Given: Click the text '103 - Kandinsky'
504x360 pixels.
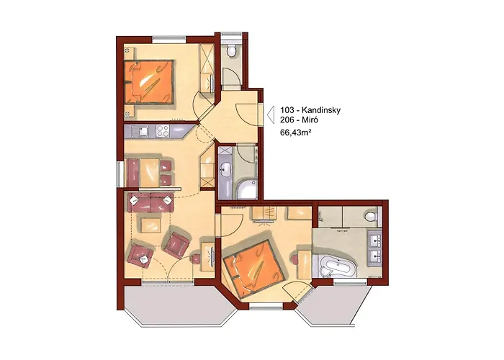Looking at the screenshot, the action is pyautogui.click(x=310, y=110).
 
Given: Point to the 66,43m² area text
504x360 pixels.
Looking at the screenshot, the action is pyautogui.click(x=296, y=132).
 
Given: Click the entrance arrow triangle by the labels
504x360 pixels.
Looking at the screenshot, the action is pyautogui.click(x=270, y=114).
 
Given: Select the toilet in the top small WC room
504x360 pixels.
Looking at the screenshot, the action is pyautogui.click(x=231, y=51).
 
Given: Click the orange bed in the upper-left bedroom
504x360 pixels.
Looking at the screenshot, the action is pyautogui.click(x=150, y=81).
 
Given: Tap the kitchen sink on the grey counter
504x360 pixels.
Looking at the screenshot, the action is pyautogui.click(x=142, y=131).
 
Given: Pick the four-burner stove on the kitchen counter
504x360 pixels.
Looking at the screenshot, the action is pyautogui.click(x=163, y=131).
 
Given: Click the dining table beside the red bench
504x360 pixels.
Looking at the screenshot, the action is pyautogui.click(x=149, y=172).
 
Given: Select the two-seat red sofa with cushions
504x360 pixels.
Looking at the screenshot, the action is pyautogui.click(x=150, y=202).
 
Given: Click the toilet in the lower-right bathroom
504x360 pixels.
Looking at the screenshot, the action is pyautogui.click(x=372, y=216).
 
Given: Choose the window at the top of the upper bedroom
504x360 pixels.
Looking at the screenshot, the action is pyautogui.click(x=169, y=39).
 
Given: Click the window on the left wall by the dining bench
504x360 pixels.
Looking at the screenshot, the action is pyautogui.click(x=120, y=174).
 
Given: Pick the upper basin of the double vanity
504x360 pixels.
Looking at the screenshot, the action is pyautogui.click(x=375, y=238).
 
